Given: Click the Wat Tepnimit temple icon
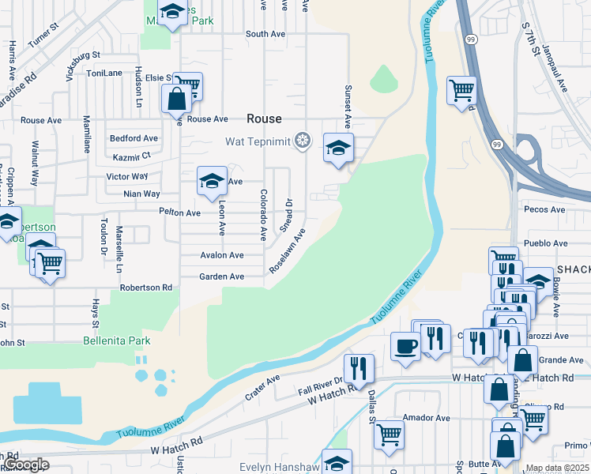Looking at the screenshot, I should pyautogui.click(x=301, y=141).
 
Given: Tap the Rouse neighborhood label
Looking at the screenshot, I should pyautogui.click(x=264, y=118).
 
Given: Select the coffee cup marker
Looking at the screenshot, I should pyautogui.click(x=406, y=346).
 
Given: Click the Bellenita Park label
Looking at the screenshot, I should pyautogui.click(x=116, y=341).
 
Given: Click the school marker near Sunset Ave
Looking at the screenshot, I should pyautogui.click(x=338, y=148).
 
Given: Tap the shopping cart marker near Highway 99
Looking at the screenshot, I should pyautogui.click(x=461, y=89).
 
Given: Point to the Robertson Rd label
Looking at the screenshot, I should pyautogui.click(x=145, y=288).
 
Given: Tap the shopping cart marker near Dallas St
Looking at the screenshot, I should pyautogui.click(x=389, y=434).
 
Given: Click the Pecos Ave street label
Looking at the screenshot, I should pyautogui.click(x=545, y=209).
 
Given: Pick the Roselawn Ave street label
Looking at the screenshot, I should pyautogui.click(x=287, y=251).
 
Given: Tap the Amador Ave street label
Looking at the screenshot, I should pyautogui.click(x=426, y=418).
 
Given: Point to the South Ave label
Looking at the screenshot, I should pyautogui.click(x=265, y=34).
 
